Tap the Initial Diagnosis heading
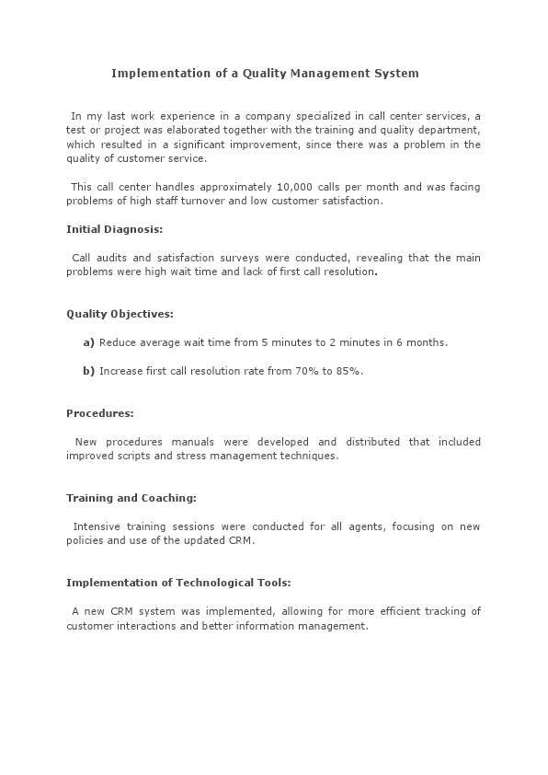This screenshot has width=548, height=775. [x=114, y=229]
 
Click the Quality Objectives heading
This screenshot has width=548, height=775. [x=120, y=314]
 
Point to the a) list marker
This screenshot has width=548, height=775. [x=88, y=342]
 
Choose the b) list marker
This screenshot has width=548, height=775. [x=88, y=371]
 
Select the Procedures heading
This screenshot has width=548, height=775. [x=100, y=413]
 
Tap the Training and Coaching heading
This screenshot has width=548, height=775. [x=131, y=498]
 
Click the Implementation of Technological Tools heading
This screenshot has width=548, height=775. [x=179, y=583]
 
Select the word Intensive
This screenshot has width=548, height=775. [x=97, y=526]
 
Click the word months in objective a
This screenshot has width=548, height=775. [x=426, y=342]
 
